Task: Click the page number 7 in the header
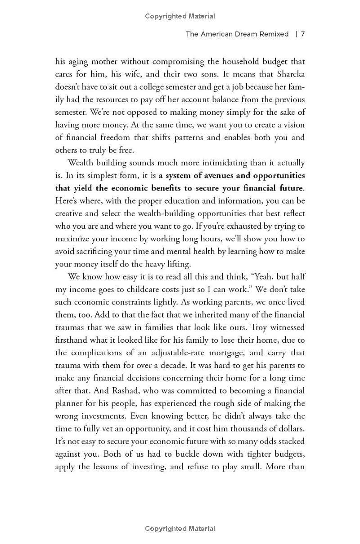coord(303,34)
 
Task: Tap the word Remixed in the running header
coord(273,34)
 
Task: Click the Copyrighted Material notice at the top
coord(180,16)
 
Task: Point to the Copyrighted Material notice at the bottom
coord(180,529)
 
